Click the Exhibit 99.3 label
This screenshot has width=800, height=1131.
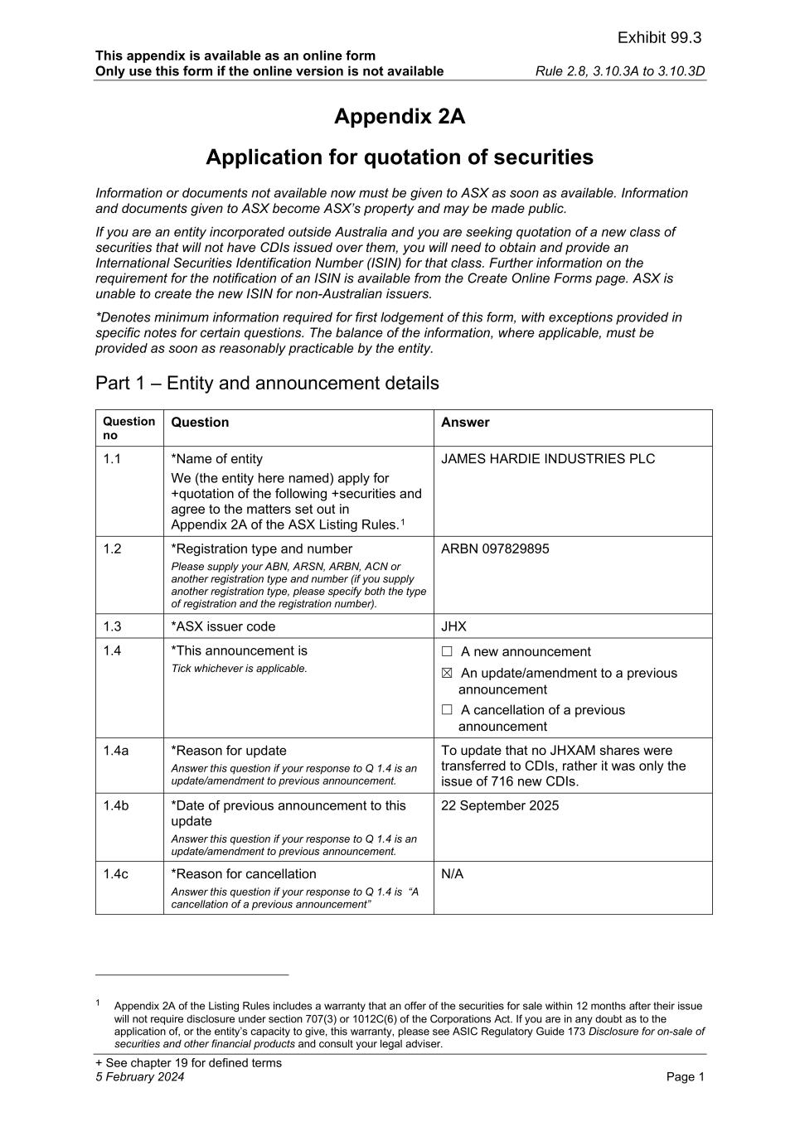(659, 37)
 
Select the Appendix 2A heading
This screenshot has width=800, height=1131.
(400, 117)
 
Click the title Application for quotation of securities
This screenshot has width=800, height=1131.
(400, 157)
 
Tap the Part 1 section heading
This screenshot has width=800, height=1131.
(267, 383)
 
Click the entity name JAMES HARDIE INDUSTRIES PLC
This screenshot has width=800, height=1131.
(548, 459)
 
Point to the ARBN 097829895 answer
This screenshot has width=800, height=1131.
(495, 549)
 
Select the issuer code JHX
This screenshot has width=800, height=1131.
(453, 626)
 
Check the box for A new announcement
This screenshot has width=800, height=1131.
(448, 652)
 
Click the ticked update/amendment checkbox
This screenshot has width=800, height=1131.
(448, 674)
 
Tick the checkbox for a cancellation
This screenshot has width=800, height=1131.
(448, 710)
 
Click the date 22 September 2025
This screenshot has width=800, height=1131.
(500, 805)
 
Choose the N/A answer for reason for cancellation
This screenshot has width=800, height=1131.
(452, 874)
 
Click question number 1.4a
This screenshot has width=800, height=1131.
(116, 751)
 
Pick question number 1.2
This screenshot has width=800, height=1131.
(112, 549)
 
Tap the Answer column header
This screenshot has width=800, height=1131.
(465, 423)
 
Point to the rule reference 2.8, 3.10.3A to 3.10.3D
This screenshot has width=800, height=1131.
(620, 71)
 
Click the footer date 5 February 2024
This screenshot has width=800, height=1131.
(140, 1077)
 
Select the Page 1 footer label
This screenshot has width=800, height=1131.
(685, 1077)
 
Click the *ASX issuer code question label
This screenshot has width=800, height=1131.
(223, 626)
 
